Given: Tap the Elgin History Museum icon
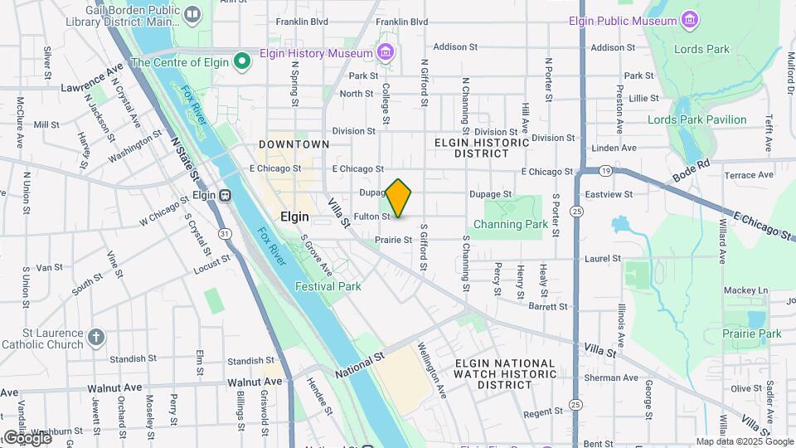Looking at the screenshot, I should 385,54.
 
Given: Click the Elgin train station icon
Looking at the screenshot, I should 225,195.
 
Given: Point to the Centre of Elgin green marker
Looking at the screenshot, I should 242,61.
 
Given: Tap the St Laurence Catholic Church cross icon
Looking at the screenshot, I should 96,338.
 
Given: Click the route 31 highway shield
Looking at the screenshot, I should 225,235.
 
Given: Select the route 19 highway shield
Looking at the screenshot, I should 606,171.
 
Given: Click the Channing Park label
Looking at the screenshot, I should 511,224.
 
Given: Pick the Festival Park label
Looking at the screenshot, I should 328,286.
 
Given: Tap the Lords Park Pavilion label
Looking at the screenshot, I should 696,119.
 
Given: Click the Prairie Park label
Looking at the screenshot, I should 752,334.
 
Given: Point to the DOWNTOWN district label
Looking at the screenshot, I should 294,144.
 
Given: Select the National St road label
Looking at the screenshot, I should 361,365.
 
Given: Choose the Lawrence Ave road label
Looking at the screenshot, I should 92,76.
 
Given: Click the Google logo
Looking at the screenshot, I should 27,437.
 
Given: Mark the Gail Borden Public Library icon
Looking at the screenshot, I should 192,14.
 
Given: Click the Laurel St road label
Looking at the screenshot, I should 603,259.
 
